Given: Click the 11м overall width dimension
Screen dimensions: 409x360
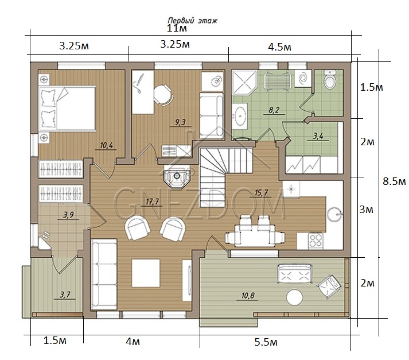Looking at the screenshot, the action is [177, 28].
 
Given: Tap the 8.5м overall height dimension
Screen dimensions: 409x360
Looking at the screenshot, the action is [394, 181].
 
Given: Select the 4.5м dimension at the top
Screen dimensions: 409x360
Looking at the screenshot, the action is [279, 47].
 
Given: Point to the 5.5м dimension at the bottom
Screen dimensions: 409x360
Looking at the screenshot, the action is [266, 342].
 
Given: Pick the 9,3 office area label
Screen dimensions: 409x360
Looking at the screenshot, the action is [180, 122].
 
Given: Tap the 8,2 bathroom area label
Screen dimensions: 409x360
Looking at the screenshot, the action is [274, 110].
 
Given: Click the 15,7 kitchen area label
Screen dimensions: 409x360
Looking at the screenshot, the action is [261, 193].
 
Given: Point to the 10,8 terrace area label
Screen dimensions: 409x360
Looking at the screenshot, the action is [248, 296].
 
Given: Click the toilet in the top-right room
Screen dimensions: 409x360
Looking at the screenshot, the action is [330, 79].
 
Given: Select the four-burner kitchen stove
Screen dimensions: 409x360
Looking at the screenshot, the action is [315, 241].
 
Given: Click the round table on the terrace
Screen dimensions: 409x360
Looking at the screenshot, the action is [294, 297].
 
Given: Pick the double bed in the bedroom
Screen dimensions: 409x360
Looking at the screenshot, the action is [67, 108].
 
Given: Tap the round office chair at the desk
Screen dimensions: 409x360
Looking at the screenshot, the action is [163, 94].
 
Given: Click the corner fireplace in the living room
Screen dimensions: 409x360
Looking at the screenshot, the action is [177, 177].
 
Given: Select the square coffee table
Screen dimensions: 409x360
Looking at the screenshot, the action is [146, 273].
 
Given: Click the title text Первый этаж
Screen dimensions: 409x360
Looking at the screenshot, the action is [193, 20].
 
